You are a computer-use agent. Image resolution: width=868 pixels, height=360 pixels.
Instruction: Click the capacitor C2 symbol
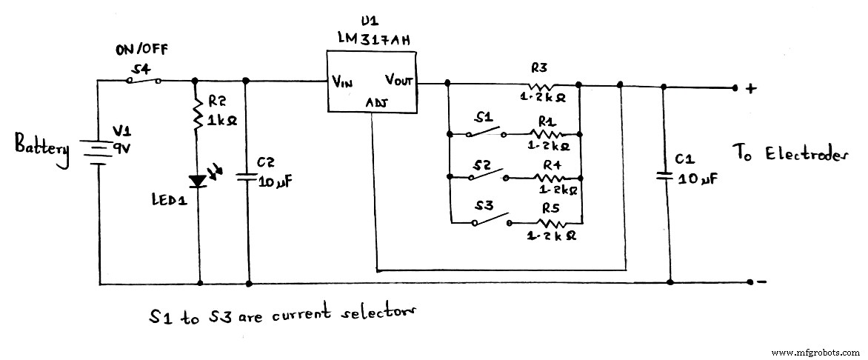click(x=247, y=177)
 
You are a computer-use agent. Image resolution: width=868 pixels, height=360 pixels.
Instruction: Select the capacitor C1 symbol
click(x=668, y=176)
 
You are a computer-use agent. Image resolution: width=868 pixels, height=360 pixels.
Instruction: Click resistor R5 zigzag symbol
click(x=551, y=221)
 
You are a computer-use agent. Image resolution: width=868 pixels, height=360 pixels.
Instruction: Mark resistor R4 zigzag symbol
click(x=549, y=178)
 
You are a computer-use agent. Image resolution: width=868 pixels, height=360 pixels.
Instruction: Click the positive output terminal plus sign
click(x=752, y=88)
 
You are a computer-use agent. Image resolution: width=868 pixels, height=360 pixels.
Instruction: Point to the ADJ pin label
click(x=375, y=103)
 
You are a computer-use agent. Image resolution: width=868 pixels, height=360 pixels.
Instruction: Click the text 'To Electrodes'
click(x=790, y=154)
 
